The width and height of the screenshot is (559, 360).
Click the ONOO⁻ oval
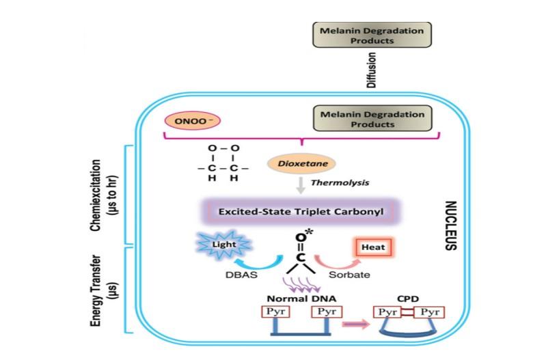pos(193,121)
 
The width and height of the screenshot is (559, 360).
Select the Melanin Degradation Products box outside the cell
pos(372,35)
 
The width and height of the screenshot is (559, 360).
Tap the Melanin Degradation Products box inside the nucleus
pos(372,118)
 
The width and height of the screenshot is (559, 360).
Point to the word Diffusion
pos(372,70)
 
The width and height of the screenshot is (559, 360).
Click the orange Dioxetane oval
pos(302,163)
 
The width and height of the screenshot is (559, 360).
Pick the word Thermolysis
pos(340,182)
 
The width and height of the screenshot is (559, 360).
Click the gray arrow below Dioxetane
pos(301,185)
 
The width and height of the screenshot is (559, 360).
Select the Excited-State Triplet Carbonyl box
pos(301,211)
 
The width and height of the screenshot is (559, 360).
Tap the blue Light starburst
pos(224,245)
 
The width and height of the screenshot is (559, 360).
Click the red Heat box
pos(373,247)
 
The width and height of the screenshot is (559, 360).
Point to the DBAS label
pos(241,275)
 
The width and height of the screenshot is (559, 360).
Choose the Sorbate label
pos(349,275)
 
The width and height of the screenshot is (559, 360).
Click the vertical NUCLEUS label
pos(450,225)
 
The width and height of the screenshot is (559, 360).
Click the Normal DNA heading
pos(301,299)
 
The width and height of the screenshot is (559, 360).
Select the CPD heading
pos(408,299)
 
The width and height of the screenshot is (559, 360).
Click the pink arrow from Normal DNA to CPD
pos(356,324)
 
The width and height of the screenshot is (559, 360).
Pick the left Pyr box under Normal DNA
pos(275,311)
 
